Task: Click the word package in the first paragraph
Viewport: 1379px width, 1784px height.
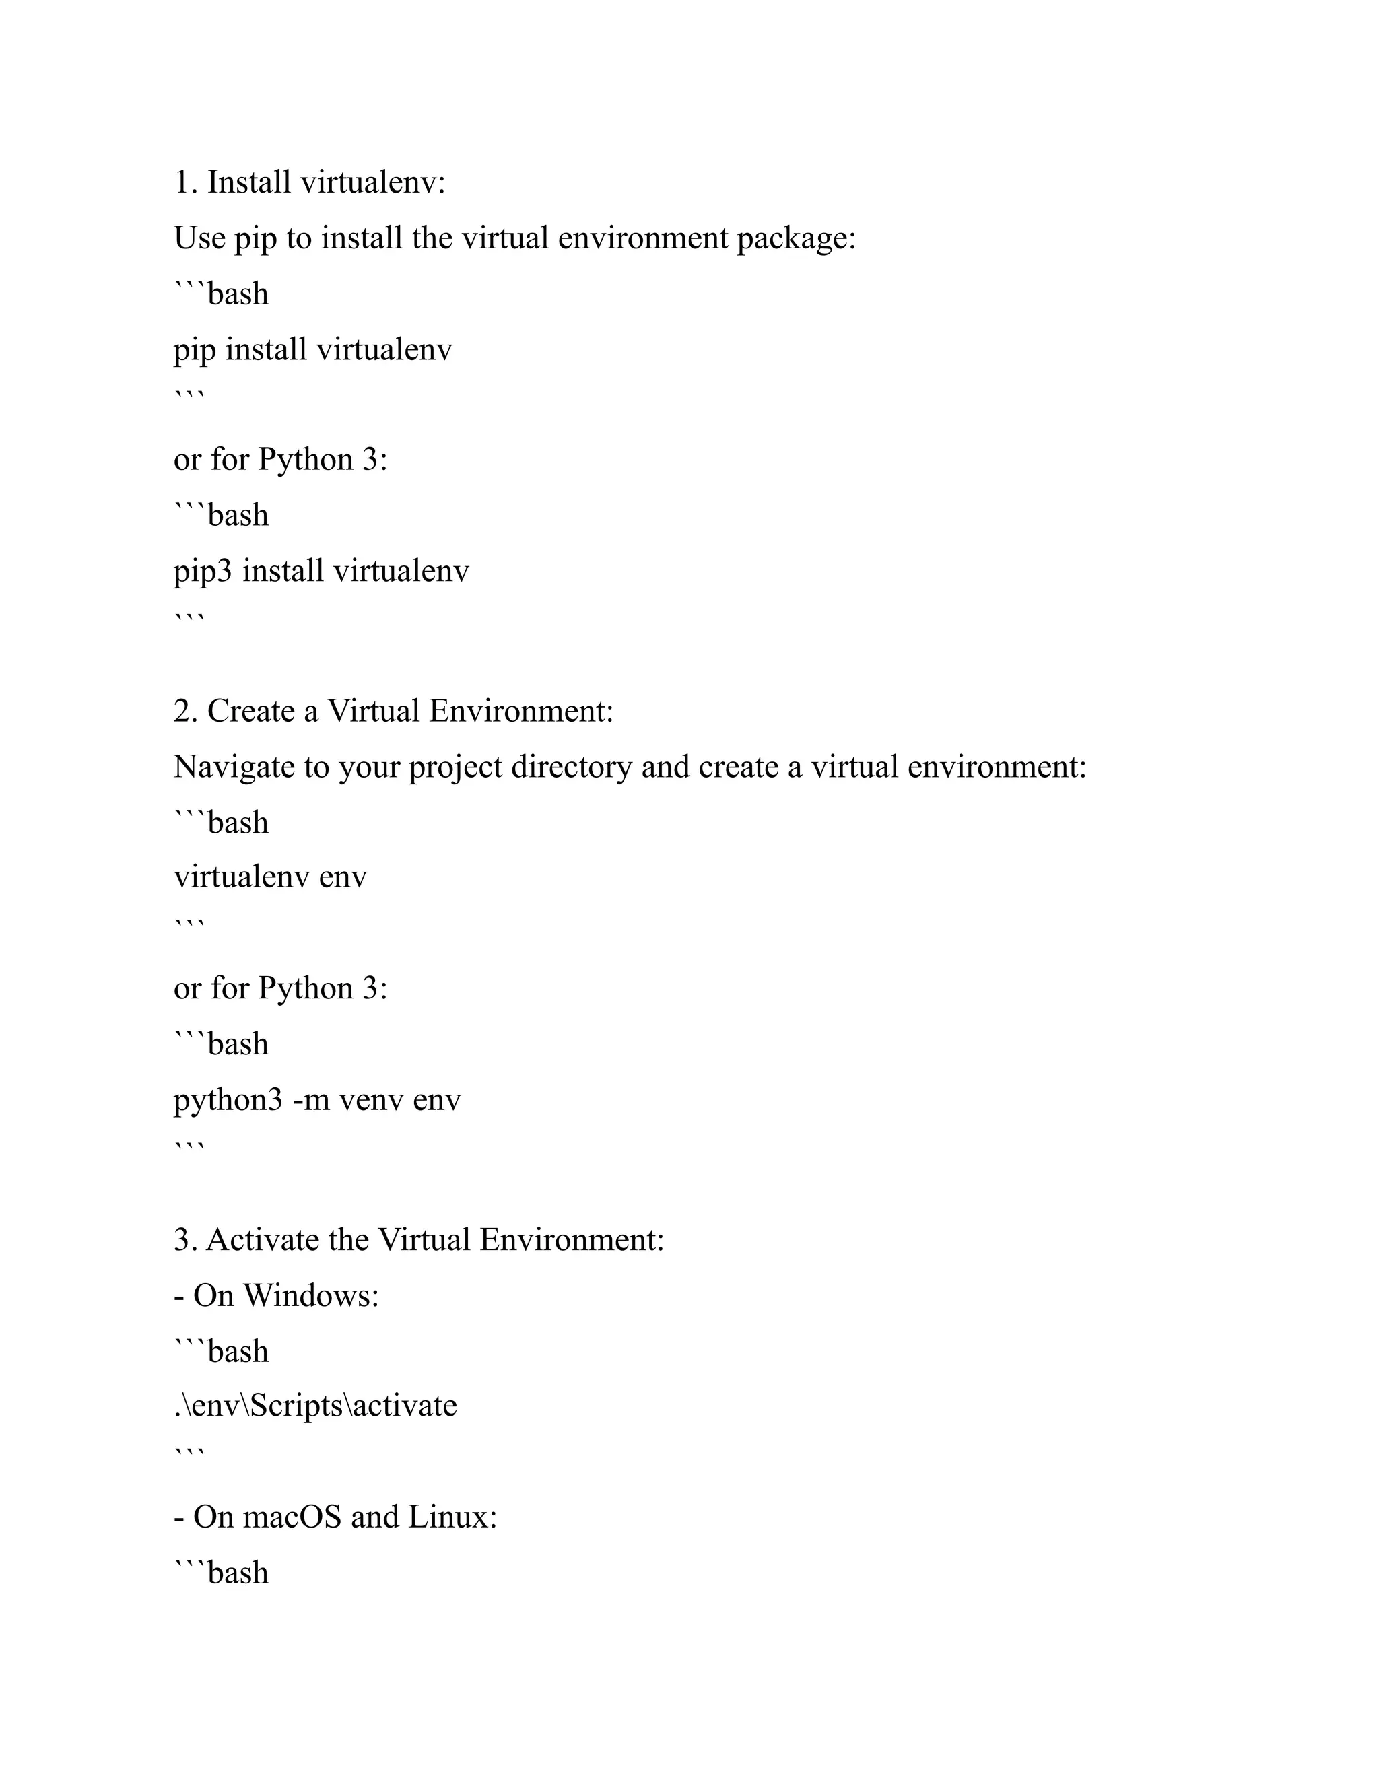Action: click(796, 238)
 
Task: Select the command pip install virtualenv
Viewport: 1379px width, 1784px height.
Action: click(312, 349)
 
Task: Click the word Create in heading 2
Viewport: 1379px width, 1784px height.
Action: click(250, 711)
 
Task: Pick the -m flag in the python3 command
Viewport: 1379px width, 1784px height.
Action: click(310, 1100)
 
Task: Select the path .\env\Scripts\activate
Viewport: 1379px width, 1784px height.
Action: click(315, 1406)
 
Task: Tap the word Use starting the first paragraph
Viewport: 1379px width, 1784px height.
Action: click(199, 238)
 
